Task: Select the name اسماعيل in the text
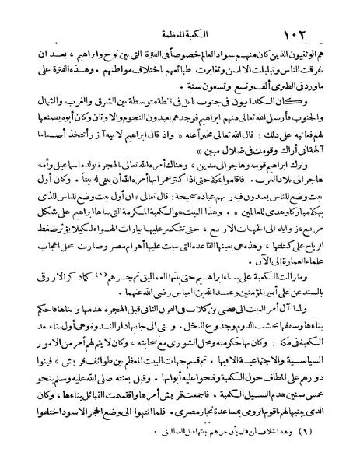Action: coord(67,169)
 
